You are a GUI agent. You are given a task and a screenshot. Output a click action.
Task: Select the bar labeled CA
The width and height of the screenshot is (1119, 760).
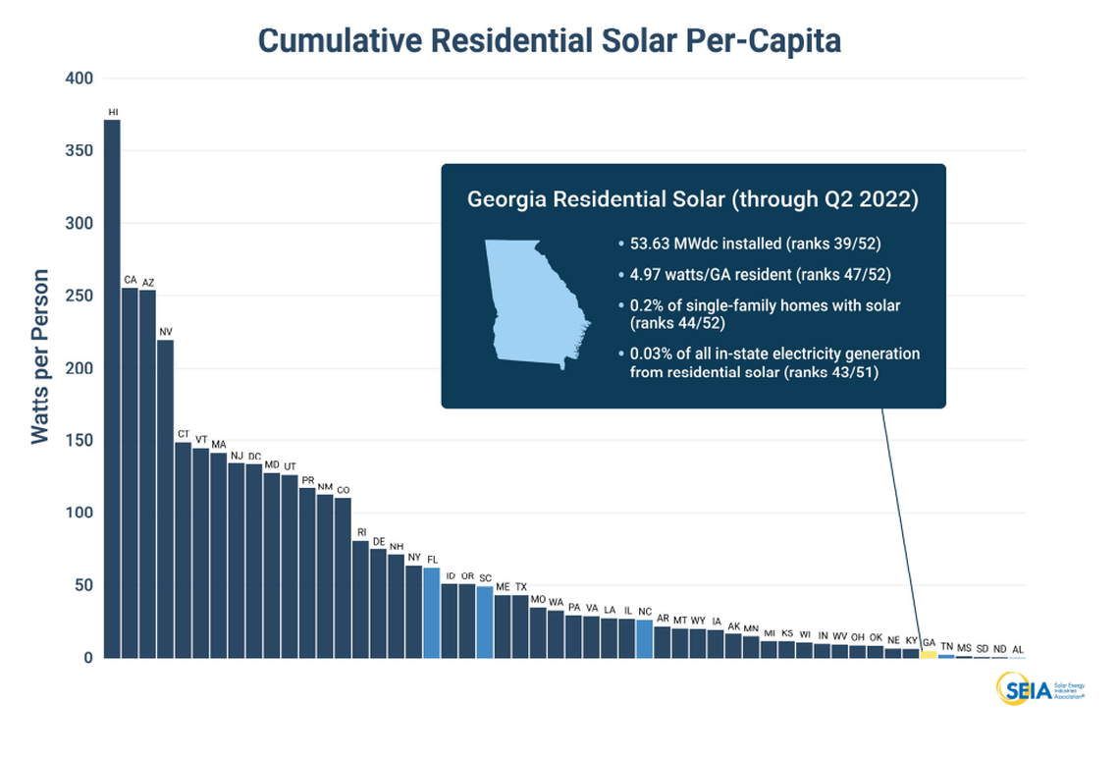pos(130,472)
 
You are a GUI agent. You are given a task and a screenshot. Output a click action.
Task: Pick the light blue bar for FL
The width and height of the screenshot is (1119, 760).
pos(432,613)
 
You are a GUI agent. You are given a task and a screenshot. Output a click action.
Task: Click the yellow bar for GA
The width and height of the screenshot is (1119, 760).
pos(928,654)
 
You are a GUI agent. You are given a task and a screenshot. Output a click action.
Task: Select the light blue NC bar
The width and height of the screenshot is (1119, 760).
pos(644,638)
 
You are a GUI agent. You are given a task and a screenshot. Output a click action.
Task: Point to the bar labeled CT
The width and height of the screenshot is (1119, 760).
pos(183,550)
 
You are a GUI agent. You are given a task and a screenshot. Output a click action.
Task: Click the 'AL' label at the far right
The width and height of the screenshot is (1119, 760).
pos(1017,649)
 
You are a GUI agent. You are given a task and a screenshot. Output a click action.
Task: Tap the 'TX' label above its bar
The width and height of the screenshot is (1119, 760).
pos(520,586)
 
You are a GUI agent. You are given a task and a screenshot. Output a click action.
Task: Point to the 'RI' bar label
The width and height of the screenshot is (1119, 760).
pos(360,532)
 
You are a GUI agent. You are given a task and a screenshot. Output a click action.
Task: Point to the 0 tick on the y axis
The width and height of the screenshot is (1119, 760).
pos(86,658)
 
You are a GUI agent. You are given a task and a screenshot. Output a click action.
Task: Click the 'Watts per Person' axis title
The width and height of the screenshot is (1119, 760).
pos(40,356)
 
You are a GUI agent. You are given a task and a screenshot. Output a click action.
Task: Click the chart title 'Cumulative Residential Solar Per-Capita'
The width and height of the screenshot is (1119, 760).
pos(550,40)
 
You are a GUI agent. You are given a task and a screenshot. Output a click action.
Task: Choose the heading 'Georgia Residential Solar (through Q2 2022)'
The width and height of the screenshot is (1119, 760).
pos(693,199)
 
